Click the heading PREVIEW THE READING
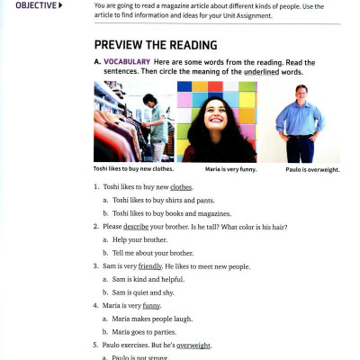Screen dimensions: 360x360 [155, 45]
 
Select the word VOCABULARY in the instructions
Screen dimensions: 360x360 [127, 61]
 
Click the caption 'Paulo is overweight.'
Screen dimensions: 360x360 [312, 168]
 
